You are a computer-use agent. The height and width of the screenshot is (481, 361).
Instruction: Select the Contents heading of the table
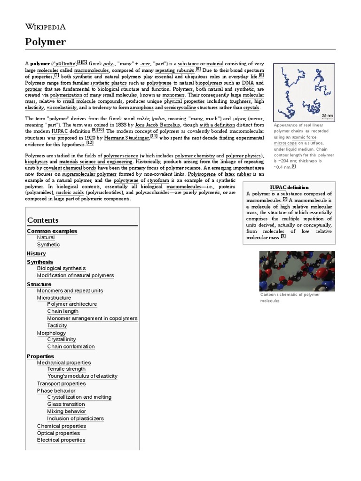point(43,220)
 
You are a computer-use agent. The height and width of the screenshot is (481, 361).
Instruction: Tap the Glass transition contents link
point(66,404)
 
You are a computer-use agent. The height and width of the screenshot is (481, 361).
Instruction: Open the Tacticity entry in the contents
point(57,326)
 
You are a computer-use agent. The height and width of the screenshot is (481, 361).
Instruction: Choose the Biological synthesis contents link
point(61,268)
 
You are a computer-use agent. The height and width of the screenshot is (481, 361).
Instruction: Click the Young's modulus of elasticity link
point(82,376)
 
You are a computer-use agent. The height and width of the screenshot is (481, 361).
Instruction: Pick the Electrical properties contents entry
point(61,440)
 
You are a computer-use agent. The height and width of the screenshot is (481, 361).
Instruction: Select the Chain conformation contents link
point(71,347)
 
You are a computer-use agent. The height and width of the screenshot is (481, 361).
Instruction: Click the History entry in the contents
point(36,253)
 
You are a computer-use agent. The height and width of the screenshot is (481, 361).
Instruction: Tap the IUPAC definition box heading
point(289,187)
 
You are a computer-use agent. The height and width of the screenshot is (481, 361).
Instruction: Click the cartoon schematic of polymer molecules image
point(297,271)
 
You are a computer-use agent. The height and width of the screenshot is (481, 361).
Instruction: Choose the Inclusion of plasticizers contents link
point(75,419)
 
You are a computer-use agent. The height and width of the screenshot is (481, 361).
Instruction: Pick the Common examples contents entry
point(52,231)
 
